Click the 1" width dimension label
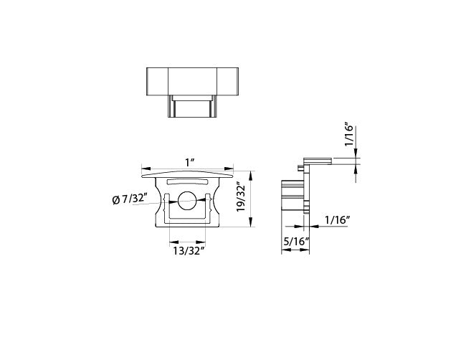(x=189, y=163)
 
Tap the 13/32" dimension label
(x=189, y=251)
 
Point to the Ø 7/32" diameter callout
(x=130, y=199)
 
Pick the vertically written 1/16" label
(x=348, y=134)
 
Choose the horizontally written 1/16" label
(x=337, y=220)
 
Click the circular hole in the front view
(x=187, y=200)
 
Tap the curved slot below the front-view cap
(x=187, y=181)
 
